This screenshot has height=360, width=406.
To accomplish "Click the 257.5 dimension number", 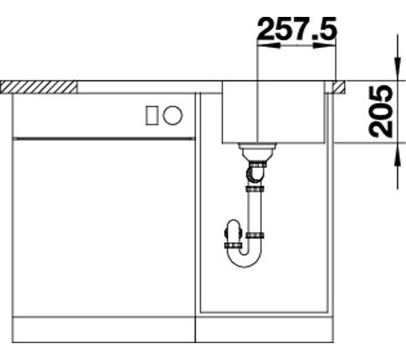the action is coord(297,28).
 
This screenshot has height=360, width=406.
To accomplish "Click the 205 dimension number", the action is coord(382,111).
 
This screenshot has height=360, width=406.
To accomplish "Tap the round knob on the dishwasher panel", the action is coord(173,115).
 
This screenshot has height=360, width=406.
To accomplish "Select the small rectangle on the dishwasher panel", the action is coord(152,115).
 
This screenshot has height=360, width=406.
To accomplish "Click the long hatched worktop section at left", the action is coord(39,87).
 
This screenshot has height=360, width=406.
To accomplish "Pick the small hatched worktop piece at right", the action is coord(338,87).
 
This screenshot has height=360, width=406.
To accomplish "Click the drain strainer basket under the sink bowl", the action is coord(258,151).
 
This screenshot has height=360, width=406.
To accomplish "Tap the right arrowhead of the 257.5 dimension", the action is coord(324,46).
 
